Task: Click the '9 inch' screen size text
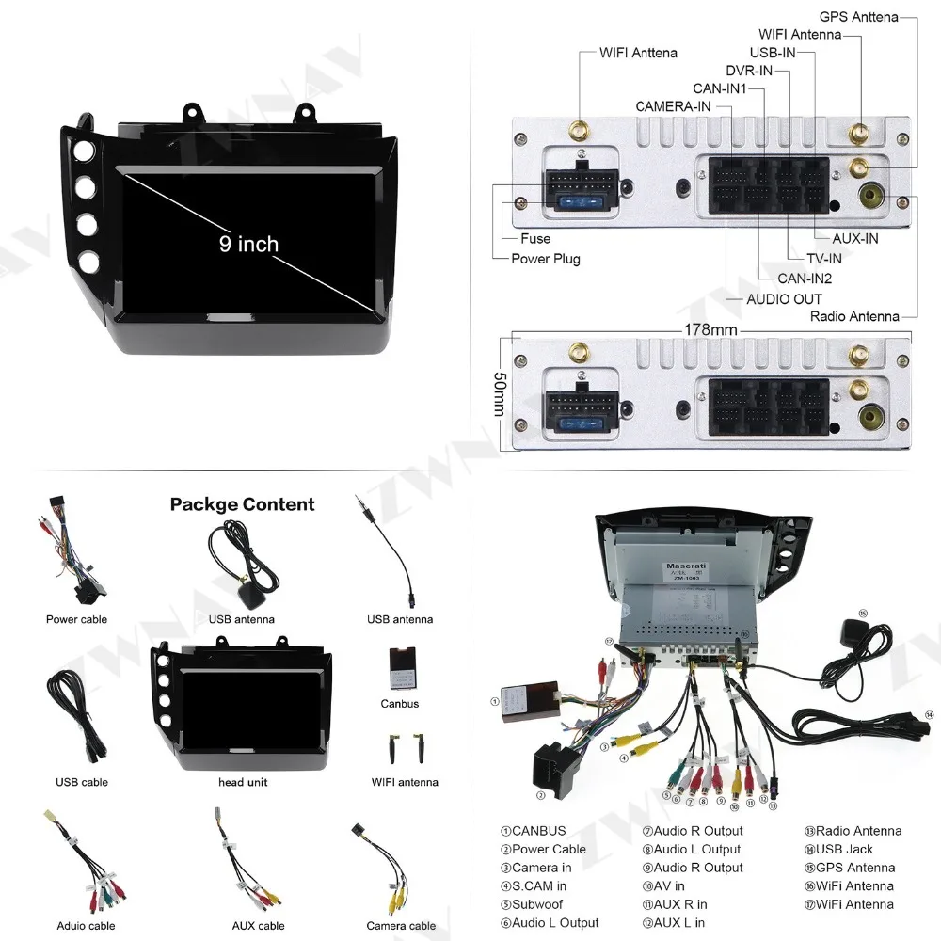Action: click(249, 245)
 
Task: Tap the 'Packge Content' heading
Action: click(242, 504)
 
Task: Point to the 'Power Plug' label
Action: click(546, 259)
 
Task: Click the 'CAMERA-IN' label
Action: click(673, 106)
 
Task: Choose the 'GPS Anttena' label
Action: click(859, 17)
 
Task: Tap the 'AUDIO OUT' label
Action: click(784, 299)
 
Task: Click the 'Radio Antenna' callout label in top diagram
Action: click(854, 316)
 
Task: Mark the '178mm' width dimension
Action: click(711, 330)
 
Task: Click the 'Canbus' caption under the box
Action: click(400, 704)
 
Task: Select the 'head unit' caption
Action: click(244, 782)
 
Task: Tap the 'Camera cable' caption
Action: click(402, 926)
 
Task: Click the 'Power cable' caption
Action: click(76, 619)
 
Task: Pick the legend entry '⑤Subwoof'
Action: click(537, 904)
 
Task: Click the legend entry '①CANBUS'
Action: click(534, 831)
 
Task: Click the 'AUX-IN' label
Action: click(855, 238)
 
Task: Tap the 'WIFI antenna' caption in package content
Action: click(405, 782)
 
